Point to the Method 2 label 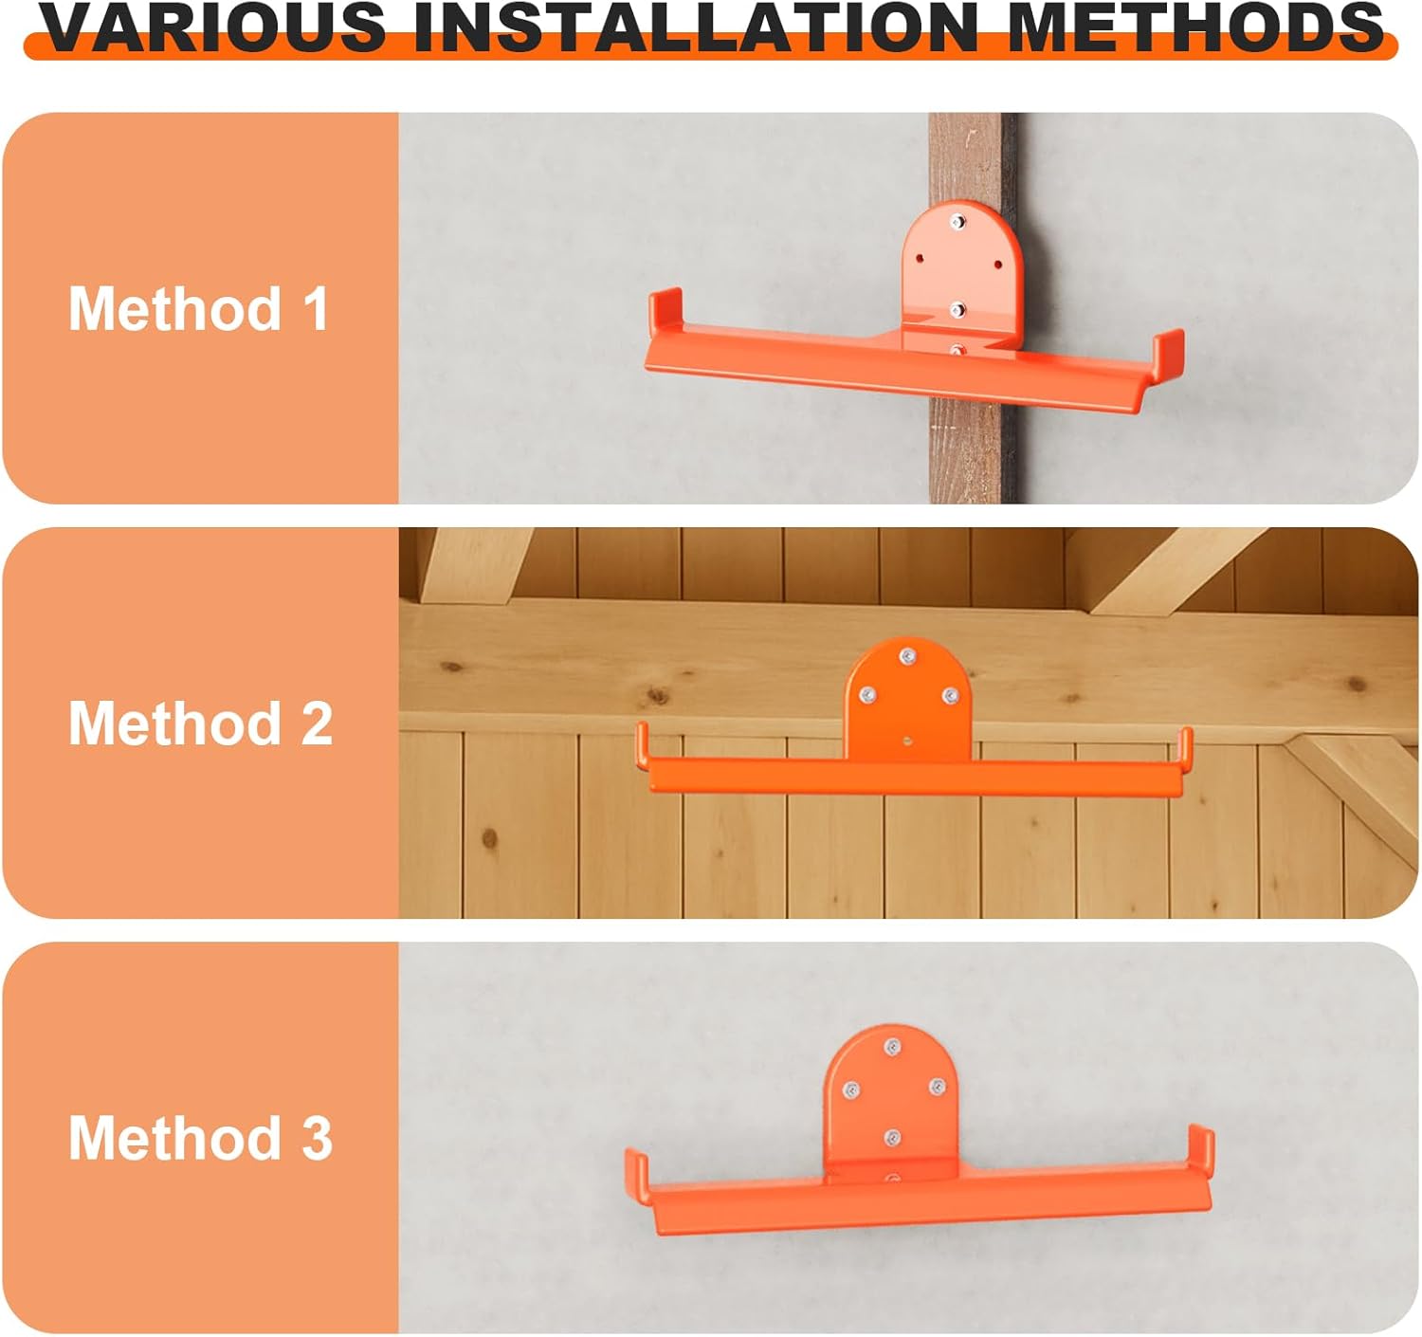pyautogui.click(x=200, y=723)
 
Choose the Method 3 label pyautogui.click(x=200, y=1137)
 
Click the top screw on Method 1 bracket pyautogui.click(x=957, y=223)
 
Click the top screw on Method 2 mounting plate pyautogui.click(x=907, y=656)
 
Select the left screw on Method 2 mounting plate pyautogui.click(x=866, y=695)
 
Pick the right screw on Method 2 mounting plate pyautogui.click(x=949, y=696)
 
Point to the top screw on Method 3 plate pyautogui.click(x=891, y=1047)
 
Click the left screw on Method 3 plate pyautogui.click(x=851, y=1090)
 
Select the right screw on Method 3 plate pyautogui.click(x=936, y=1087)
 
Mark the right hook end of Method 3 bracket pyautogui.click(x=1201, y=1148)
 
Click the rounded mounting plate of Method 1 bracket pyautogui.click(x=959, y=266)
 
